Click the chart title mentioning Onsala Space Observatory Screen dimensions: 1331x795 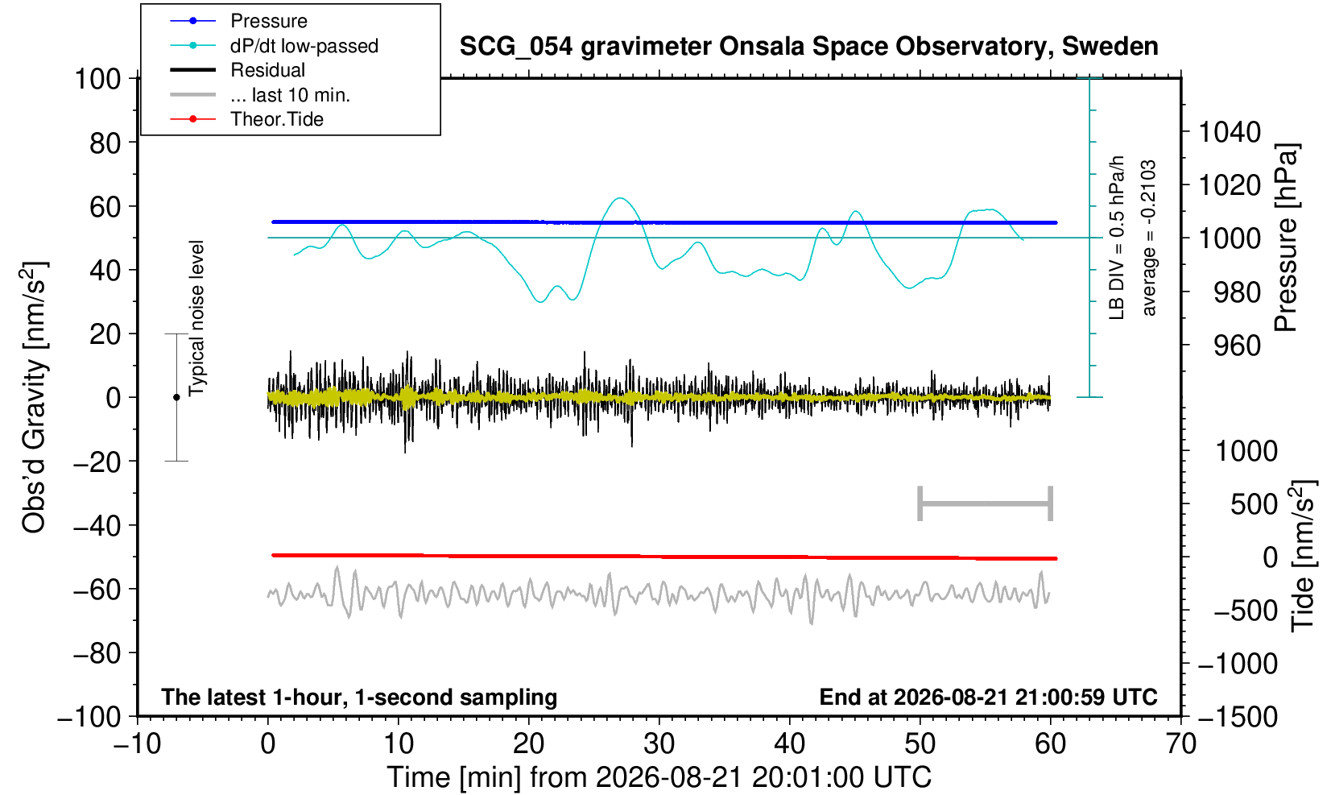(x=808, y=47)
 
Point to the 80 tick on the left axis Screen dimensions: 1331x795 (x=105, y=143)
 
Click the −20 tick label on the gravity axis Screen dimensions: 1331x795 (x=97, y=462)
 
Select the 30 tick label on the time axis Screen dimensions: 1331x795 (x=659, y=744)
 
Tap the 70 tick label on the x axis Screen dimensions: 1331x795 (x=1180, y=744)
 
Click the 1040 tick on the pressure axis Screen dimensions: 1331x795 (x=1230, y=132)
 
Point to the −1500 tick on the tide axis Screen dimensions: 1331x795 (x=1238, y=717)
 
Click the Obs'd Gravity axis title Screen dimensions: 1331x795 (x=34, y=397)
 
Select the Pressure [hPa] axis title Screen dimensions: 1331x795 (x=1287, y=238)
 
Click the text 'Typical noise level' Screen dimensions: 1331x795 (x=196, y=318)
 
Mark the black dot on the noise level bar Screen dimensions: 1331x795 (x=176, y=397)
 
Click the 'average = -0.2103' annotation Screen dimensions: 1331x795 (x=1148, y=238)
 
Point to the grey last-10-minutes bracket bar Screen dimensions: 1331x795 (x=986, y=503)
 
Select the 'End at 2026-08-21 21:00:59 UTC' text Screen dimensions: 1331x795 (x=988, y=697)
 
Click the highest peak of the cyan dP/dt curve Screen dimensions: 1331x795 (x=620, y=198)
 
